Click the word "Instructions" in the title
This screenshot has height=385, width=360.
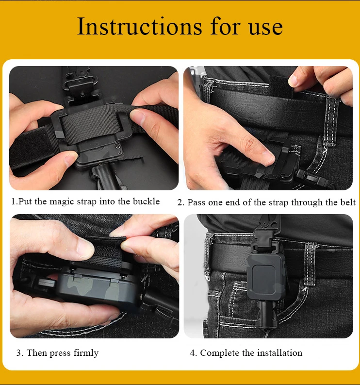click(x=139, y=26)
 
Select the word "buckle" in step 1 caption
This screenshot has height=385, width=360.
click(x=146, y=201)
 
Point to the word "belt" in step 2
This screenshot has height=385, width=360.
click(x=348, y=202)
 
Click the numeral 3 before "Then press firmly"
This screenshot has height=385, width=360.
click(x=18, y=353)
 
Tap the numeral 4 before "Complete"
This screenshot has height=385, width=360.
click(x=193, y=353)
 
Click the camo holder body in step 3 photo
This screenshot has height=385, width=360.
click(x=98, y=287)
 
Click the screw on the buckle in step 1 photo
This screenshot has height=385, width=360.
click(x=117, y=146)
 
